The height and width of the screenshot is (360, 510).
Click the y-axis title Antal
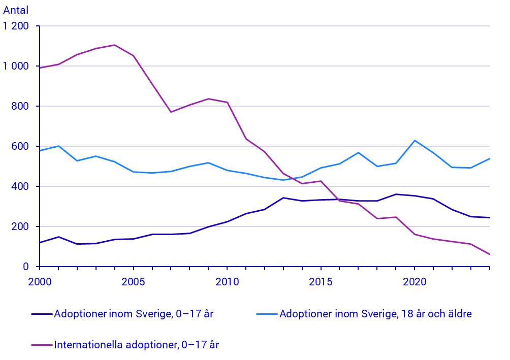(x=16, y=10)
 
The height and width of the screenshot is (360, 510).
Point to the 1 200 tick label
(x=16, y=26)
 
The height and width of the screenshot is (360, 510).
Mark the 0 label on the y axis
(x=28, y=267)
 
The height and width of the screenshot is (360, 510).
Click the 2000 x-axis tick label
(x=40, y=281)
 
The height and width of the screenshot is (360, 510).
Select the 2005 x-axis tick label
(x=134, y=281)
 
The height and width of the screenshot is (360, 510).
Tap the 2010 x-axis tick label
(x=227, y=281)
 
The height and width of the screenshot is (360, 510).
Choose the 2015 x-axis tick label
(x=321, y=281)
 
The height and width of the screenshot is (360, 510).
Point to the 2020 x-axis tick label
(x=415, y=281)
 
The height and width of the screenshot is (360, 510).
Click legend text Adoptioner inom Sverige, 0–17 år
(x=134, y=314)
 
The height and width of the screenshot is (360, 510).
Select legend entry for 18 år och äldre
(x=375, y=314)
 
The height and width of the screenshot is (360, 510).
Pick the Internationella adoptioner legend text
(x=136, y=345)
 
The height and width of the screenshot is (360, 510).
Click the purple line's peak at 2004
(x=114, y=45)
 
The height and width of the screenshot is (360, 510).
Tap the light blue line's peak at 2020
(x=415, y=141)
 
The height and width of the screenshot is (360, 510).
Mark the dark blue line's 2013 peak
(x=283, y=198)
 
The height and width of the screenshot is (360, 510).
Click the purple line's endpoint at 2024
(x=489, y=254)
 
